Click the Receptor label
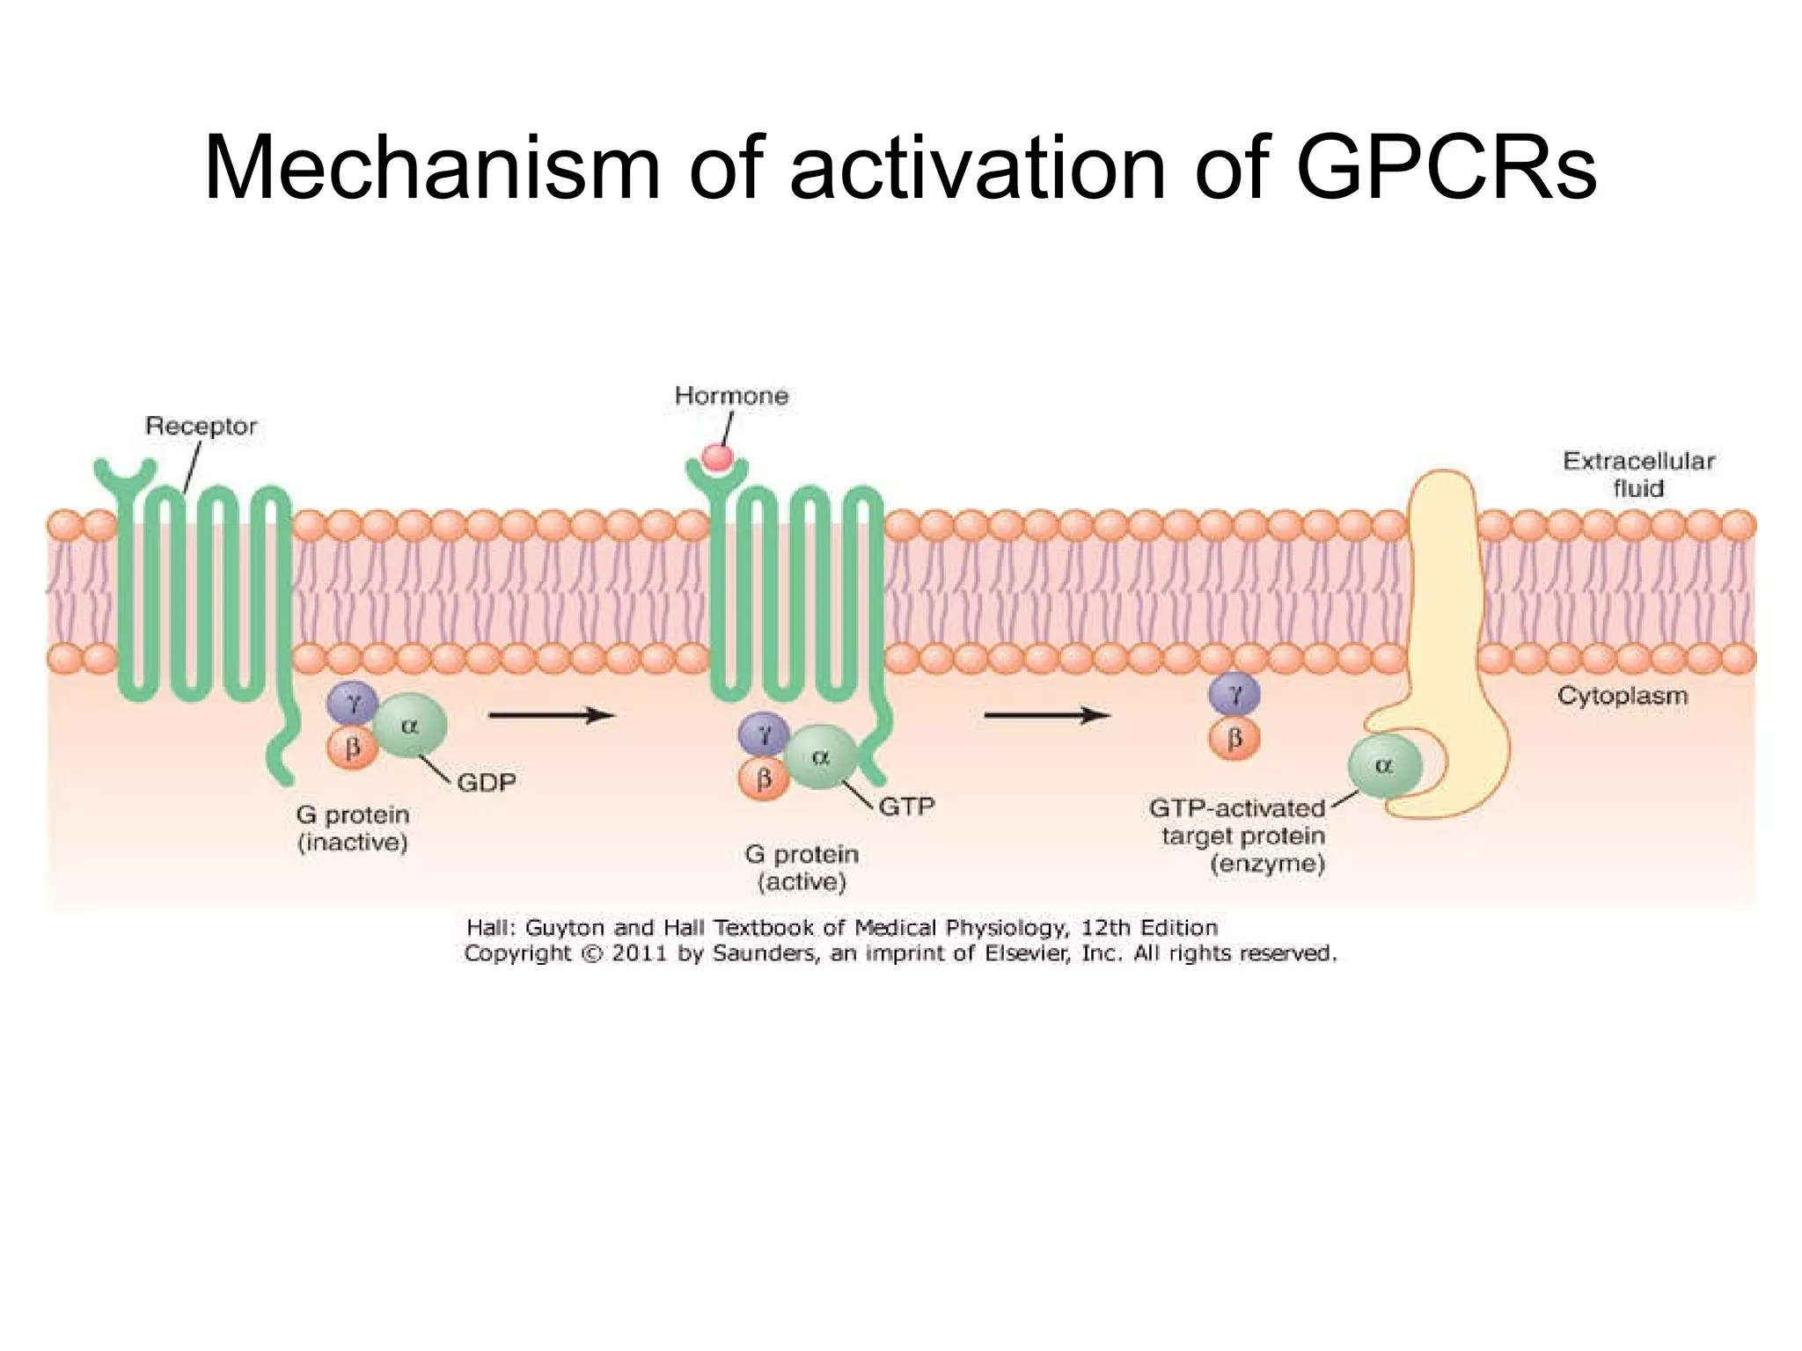(201, 427)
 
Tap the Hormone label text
(731, 396)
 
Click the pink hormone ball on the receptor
(717, 457)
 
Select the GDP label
(487, 782)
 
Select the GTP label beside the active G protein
(906, 806)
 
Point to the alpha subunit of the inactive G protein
(409, 727)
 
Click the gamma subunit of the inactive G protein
(352, 703)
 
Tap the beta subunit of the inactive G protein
(352, 749)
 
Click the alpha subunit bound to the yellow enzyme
(1383, 766)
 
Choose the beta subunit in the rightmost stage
(1234, 739)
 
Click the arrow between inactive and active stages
(551, 715)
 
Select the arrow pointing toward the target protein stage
(1046, 715)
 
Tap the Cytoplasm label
(1622, 696)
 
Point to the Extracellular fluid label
(1638, 474)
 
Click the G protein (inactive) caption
(353, 829)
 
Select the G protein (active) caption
(802, 867)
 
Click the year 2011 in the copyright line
(640, 953)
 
